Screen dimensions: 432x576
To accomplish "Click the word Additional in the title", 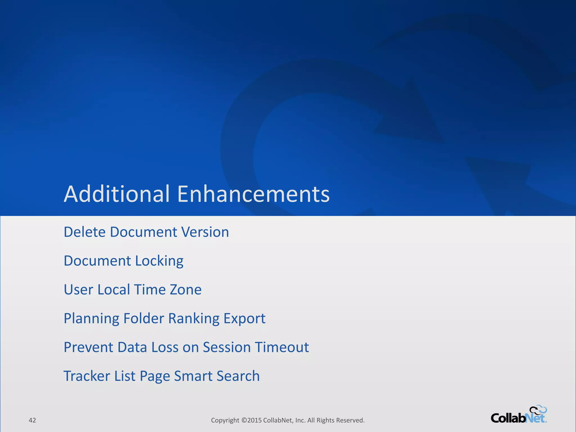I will pyautogui.click(x=117, y=194).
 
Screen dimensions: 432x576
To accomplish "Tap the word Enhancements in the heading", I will pyautogui.click(x=253, y=194).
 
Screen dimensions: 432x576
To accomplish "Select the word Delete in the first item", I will pyautogui.click(x=85, y=232).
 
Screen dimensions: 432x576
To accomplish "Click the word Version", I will pyautogui.click(x=205, y=232).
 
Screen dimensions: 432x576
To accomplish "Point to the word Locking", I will pyautogui.click(x=159, y=261).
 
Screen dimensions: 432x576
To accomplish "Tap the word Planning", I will pyautogui.click(x=91, y=319).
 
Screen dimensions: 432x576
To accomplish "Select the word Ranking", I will pyautogui.click(x=194, y=319).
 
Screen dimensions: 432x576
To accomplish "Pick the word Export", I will pyautogui.click(x=244, y=319).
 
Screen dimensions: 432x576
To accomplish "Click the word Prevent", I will pyautogui.click(x=88, y=347).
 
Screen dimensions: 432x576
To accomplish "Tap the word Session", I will pyautogui.click(x=227, y=347).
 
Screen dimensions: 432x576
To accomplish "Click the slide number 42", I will pyautogui.click(x=32, y=420).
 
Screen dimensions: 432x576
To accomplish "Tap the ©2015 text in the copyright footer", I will pyautogui.click(x=251, y=420).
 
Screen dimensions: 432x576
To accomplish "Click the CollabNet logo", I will pyautogui.click(x=518, y=418).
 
